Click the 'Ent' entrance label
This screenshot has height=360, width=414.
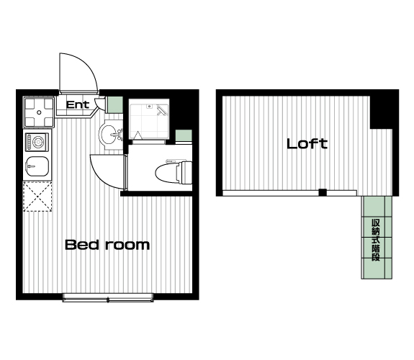[78, 105]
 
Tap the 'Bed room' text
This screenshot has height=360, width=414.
[107, 245]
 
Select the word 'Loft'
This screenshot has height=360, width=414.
[307, 144]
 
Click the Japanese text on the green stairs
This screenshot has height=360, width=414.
[376, 240]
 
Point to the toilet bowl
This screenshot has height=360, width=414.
[174, 172]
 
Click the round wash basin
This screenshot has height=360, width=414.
[108, 135]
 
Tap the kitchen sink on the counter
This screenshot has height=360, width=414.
[37, 166]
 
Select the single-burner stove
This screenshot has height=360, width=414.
[37, 142]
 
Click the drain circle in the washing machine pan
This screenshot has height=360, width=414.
[39, 112]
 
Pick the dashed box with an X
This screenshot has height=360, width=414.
[37, 197]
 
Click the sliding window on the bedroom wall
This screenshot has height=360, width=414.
[108, 297]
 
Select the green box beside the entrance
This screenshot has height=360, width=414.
[115, 105]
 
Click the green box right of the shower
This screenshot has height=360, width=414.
[184, 136]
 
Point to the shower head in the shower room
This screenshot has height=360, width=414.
[161, 110]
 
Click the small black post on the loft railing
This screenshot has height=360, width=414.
[323, 192]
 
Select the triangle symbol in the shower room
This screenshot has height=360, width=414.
[138, 135]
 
